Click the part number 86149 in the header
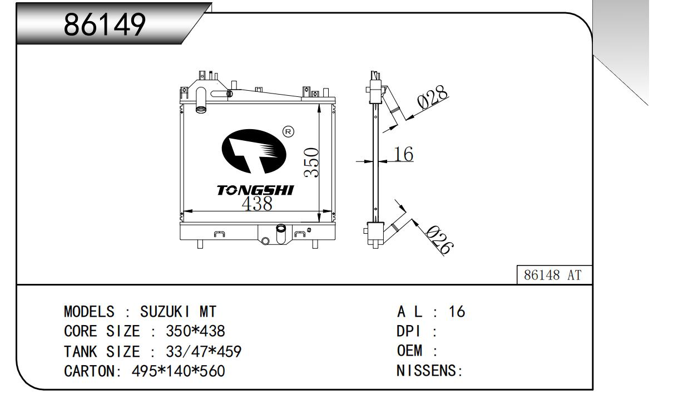(105, 23)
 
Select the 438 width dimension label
(257, 204)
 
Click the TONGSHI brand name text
(255, 191)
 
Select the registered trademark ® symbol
(288, 132)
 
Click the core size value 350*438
(195, 332)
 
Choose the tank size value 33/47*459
(204, 352)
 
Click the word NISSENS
(427, 371)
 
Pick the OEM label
(410, 352)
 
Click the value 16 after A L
(457, 312)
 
